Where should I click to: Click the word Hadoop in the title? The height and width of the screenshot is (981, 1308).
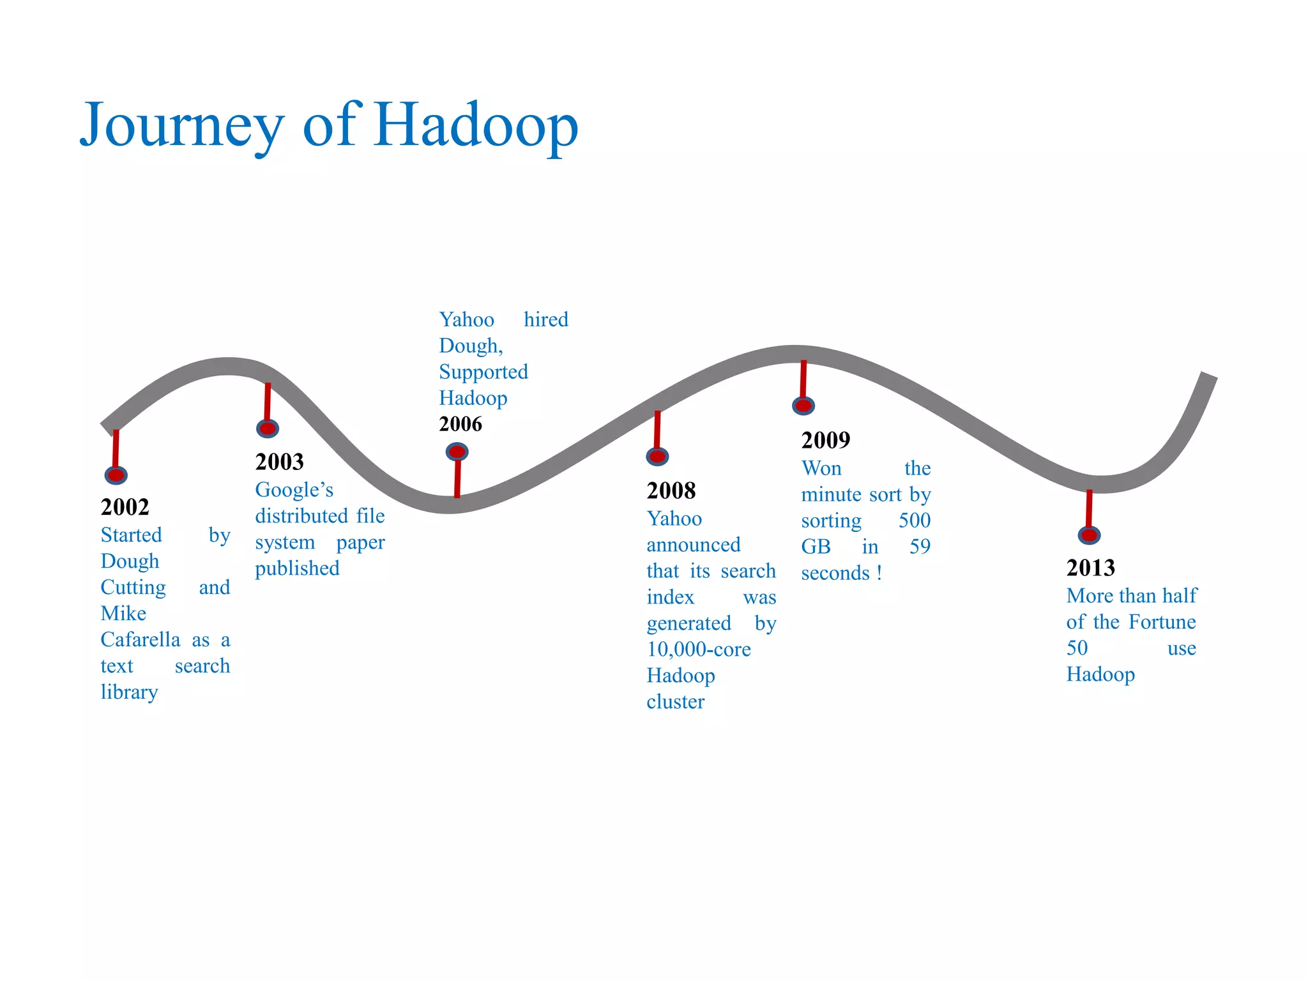[x=476, y=125]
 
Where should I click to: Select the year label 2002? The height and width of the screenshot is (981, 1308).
[x=125, y=507]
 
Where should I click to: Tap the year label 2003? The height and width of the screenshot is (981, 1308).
[x=280, y=462]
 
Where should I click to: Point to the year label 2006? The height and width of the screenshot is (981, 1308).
[x=460, y=424]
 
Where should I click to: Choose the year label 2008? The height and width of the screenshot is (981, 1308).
[x=671, y=490]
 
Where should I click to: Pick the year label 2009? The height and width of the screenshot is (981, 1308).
[x=826, y=440]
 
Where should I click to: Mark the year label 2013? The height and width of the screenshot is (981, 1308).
[x=1091, y=568]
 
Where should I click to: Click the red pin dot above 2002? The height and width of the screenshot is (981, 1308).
[x=116, y=475]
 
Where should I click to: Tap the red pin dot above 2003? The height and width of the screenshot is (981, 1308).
[x=268, y=429]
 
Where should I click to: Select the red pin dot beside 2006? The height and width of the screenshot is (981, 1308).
[x=457, y=452]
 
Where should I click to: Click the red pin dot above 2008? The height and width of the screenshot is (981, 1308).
[x=657, y=457]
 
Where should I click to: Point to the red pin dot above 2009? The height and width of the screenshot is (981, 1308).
[x=803, y=406]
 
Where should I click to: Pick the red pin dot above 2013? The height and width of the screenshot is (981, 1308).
[x=1090, y=535]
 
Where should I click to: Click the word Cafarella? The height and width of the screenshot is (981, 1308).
[x=141, y=639]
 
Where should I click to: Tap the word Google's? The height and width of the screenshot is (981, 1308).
[x=294, y=490]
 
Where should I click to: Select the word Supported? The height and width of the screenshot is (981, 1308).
[x=483, y=372]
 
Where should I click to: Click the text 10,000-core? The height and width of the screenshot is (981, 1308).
[x=699, y=650]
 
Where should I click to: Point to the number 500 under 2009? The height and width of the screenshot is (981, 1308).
[x=915, y=521]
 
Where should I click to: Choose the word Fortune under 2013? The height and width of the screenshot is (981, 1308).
[x=1162, y=622]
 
